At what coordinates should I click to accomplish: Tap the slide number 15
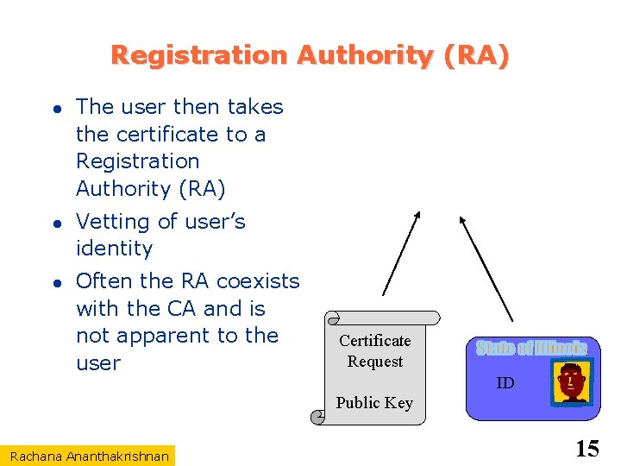(x=586, y=449)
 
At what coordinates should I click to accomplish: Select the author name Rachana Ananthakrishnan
(x=90, y=455)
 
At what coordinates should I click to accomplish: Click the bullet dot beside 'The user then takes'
(x=54, y=108)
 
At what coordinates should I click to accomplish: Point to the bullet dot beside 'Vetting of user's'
(x=54, y=223)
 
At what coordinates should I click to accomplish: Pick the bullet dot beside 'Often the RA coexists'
(x=54, y=282)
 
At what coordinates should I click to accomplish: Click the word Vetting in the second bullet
(x=112, y=222)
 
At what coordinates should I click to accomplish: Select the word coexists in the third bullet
(x=258, y=281)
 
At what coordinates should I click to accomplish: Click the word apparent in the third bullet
(x=164, y=336)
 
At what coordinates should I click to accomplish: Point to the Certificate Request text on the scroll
(x=375, y=350)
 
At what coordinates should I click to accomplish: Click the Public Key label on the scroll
(x=374, y=402)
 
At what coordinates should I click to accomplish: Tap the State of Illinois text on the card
(x=531, y=349)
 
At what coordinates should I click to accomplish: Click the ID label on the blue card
(x=505, y=383)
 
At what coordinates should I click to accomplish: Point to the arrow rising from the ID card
(x=486, y=268)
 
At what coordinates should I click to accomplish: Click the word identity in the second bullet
(x=114, y=249)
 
